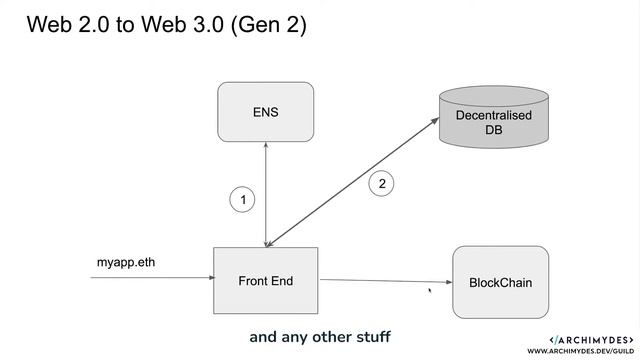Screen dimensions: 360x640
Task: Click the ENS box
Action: click(x=265, y=112)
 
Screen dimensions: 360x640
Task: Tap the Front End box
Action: click(x=265, y=281)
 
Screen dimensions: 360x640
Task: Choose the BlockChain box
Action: click(x=500, y=283)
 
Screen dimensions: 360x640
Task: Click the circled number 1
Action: click(x=241, y=200)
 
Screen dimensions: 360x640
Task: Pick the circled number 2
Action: click(x=381, y=183)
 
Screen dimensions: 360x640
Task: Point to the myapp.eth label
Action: click(x=126, y=263)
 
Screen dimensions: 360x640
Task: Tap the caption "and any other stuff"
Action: click(x=319, y=336)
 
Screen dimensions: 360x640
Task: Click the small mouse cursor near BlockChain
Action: click(x=430, y=291)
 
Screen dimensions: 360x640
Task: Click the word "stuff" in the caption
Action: click(x=369, y=336)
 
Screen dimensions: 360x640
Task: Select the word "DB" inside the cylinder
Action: click(x=493, y=131)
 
